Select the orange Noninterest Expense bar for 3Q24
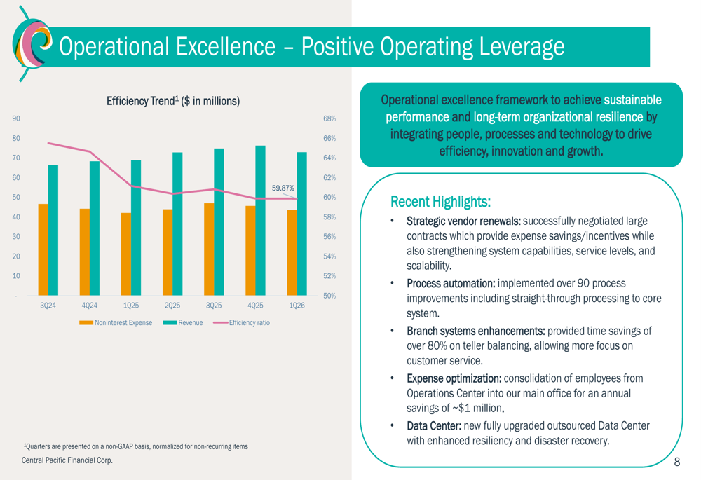[43, 249]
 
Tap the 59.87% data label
[283, 188]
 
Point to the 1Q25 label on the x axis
[130, 306]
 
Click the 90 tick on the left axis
[16, 118]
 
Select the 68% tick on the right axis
[329, 118]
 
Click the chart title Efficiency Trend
[172, 102]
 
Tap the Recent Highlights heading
[440, 202]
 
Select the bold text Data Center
[435, 426]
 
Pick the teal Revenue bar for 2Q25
[177, 224]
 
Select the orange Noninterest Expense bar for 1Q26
[292, 252]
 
